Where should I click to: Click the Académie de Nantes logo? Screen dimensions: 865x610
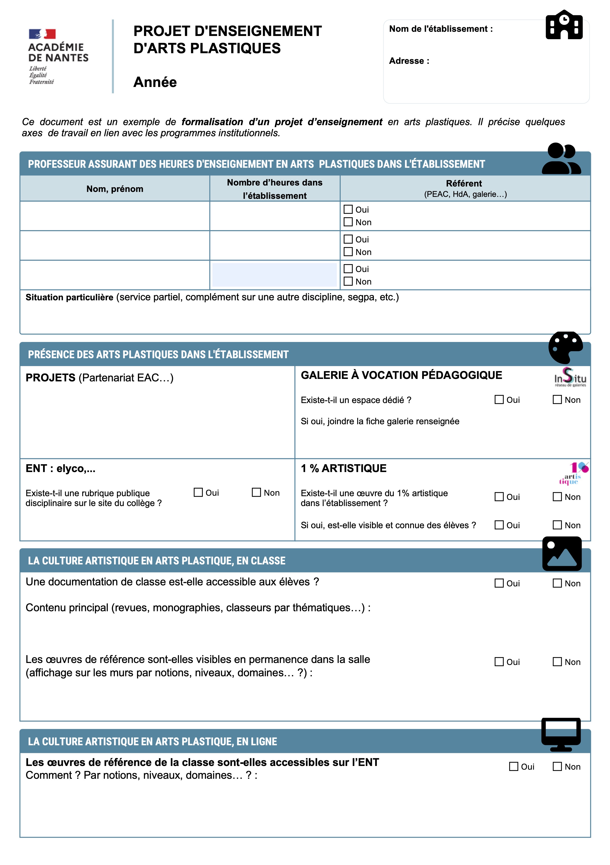(58, 56)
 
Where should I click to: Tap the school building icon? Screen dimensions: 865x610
(564, 25)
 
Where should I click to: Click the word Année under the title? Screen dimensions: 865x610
(155, 82)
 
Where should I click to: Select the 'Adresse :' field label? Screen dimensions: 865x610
(409, 61)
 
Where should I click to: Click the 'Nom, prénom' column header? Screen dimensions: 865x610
(115, 189)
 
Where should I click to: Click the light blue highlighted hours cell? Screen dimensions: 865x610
(274, 275)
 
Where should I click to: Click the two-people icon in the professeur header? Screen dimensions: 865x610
(561, 159)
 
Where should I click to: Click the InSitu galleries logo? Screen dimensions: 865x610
(570, 377)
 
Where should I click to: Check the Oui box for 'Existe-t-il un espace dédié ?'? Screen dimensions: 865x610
(499, 399)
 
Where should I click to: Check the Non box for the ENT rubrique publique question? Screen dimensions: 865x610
(257, 492)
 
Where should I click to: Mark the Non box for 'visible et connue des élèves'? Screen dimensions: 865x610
(557, 525)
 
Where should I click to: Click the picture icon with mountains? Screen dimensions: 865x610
(562, 553)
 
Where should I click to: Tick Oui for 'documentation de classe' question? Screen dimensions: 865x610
(499, 583)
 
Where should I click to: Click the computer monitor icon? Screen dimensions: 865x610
(561, 734)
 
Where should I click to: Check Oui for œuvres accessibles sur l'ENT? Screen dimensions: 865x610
(514, 766)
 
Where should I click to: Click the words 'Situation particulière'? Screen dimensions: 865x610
(69, 297)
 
